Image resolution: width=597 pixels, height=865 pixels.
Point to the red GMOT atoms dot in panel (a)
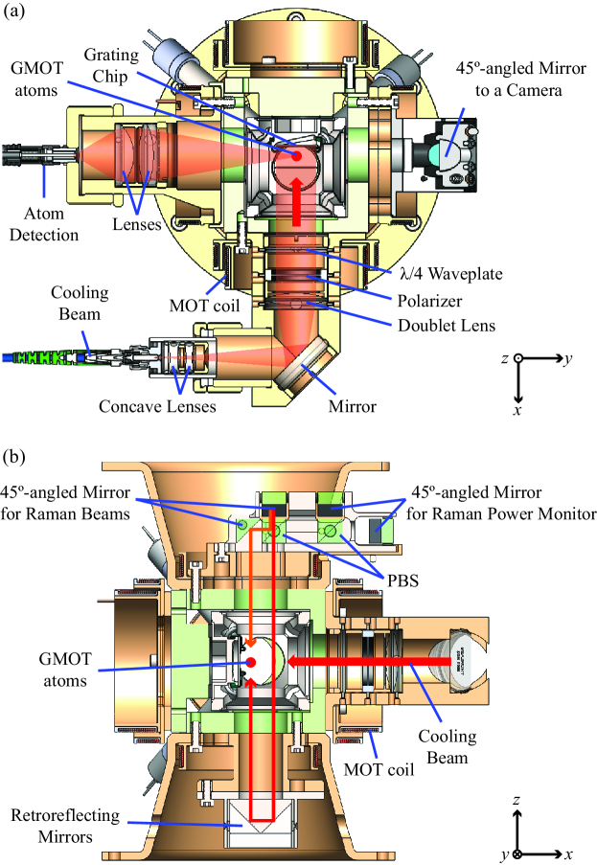pos(298,156)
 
